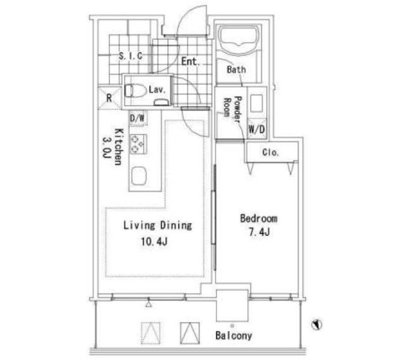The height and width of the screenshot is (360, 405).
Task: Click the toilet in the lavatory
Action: tap(135, 90)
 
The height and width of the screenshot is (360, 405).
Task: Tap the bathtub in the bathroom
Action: tap(238, 40)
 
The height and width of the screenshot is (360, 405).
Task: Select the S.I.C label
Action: tap(131, 56)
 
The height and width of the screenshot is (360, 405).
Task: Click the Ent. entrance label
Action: tap(190, 61)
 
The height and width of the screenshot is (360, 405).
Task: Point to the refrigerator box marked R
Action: tap(109, 98)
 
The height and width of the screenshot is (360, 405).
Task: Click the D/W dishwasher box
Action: tap(138, 118)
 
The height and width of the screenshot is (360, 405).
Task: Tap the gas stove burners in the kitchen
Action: tap(138, 144)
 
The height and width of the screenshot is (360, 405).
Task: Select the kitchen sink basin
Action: tap(139, 176)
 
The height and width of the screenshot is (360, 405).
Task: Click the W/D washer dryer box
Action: tap(257, 129)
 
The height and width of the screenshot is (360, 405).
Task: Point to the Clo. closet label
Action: tap(270, 152)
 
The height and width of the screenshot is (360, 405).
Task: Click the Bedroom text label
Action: tap(259, 218)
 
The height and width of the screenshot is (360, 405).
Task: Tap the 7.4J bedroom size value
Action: tap(259, 232)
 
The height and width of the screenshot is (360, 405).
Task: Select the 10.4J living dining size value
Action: tap(154, 242)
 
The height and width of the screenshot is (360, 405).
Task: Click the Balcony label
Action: tap(234, 335)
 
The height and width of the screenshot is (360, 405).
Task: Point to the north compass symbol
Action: tap(316, 325)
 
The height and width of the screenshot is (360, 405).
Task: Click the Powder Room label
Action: tap(232, 109)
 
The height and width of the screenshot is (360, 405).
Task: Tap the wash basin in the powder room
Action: tap(256, 103)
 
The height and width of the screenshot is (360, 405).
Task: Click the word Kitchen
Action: tap(118, 146)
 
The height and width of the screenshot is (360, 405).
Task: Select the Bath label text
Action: tap(236, 70)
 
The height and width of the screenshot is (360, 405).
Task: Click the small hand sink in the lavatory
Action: tap(162, 102)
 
